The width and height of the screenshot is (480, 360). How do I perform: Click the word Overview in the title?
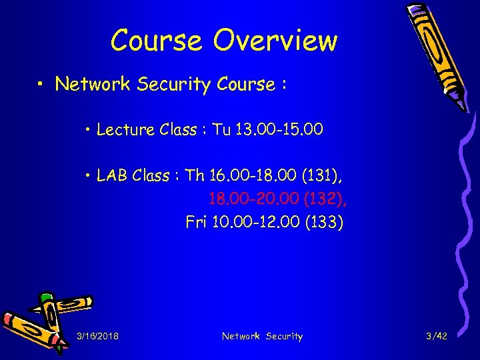coord(275,41)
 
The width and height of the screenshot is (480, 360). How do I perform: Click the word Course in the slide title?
coord(157,41)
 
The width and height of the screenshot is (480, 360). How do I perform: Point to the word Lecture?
coord(121,130)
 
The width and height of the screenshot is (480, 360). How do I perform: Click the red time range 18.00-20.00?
coord(255,199)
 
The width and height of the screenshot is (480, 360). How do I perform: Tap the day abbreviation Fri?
coord(196,222)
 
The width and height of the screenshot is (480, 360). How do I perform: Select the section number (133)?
coord(324,222)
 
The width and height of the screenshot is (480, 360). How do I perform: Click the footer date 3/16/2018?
coord(98,337)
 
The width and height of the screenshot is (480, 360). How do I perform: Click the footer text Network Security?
coord(262,337)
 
